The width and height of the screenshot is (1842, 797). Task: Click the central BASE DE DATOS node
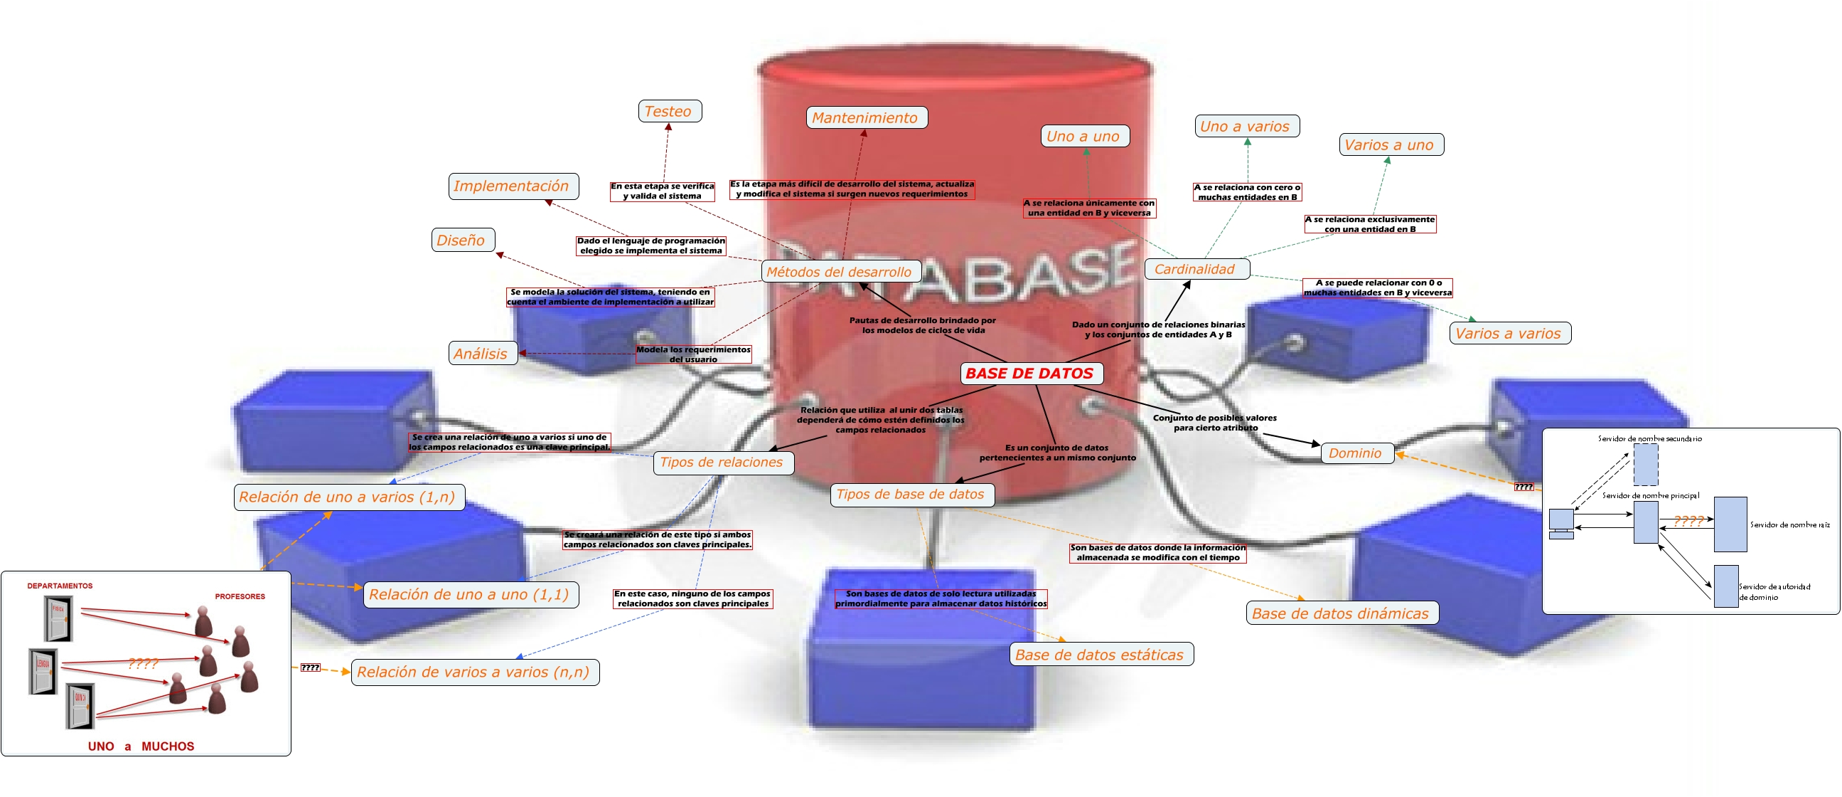pyautogui.click(x=1029, y=374)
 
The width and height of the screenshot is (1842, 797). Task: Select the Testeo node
pyautogui.click(x=669, y=112)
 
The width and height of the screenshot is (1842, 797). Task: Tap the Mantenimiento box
pyautogui.click(x=866, y=118)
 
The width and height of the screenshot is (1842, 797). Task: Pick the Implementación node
pyautogui.click(x=513, y=186)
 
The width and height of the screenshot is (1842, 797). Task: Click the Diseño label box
pyautogui.click(x=463, y=241)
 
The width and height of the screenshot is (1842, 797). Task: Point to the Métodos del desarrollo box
pyautogui.click(x=840, y=272)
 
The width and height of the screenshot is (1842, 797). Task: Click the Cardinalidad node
pyautogui.click(x=1196, y=269)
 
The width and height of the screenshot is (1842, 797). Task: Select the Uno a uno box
pyautogui.click(x=1084, y=136)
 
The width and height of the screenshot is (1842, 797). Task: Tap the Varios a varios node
pyautogui.click(x=1509, y=334)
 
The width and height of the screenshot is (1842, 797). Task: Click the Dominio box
pyautogui.click(x=1356, y=453)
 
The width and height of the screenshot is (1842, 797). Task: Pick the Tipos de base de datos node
pyautogui.click(x=911, y=495)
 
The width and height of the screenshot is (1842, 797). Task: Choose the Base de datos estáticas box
pyautogui.click(x=1101, y=655)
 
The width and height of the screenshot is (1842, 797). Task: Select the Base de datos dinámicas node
pyautogui.click(x=1342, y=613)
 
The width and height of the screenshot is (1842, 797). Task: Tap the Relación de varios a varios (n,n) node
pyautogui.click(x=475, y=672)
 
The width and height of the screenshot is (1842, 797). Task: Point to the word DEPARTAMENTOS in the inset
pyautogui.click(x=60, y=586)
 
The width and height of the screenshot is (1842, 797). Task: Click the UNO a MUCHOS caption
pyautogui.click(x=141, y=746)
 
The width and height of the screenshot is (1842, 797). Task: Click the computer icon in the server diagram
pyautogui.click(x=1561, y=522)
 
